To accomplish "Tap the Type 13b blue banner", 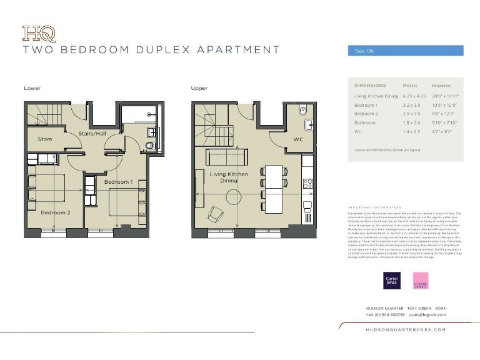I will [x=405, y=51].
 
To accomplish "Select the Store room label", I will [x=45, y=139].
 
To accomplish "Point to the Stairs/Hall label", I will [x=92, y=134].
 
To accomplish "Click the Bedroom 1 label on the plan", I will [x=118, y=182].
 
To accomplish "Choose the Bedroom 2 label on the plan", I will [x=56, y=212].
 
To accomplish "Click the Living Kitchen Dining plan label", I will [x=229, y=177].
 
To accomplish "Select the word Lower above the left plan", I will [x=32, y=88].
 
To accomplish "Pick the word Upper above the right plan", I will [x=199, y=88].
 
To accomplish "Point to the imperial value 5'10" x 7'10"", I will [x=445, y=123].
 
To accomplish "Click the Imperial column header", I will [x=442, y=85].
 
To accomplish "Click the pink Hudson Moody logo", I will [x=421, y=280].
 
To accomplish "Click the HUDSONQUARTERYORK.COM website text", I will [x=406, y=329].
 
